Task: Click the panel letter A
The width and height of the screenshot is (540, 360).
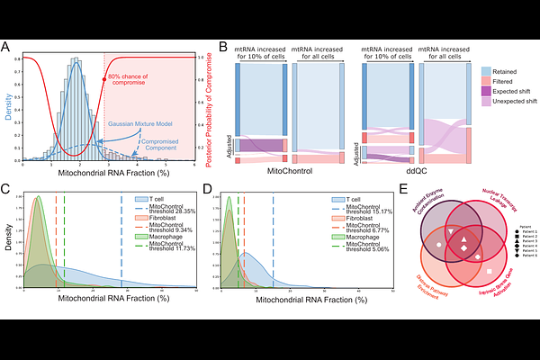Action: pos(7,48)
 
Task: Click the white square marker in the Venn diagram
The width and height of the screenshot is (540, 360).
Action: pos(489,271)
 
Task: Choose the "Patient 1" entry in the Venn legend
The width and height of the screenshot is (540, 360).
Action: pos(527,232)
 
